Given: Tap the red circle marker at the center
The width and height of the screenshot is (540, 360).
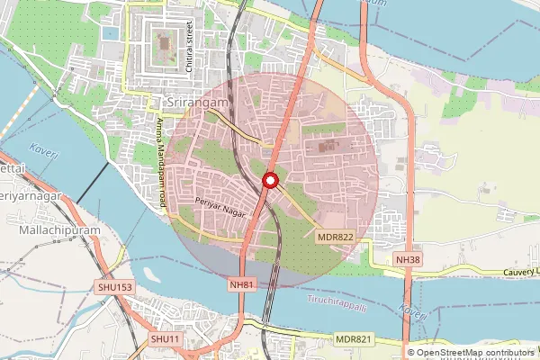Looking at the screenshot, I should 269,182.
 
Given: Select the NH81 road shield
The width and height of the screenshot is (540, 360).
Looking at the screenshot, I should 242,283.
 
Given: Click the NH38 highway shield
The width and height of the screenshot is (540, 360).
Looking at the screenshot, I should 408,259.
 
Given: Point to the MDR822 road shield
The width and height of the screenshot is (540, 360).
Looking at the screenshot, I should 336,238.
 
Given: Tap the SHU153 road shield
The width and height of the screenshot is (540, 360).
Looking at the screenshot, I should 115,288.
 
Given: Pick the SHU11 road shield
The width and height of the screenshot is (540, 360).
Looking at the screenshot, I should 166,338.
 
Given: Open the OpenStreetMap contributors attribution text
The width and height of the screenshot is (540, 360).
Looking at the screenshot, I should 472,352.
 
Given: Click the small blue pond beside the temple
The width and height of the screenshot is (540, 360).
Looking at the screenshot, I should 111,33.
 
